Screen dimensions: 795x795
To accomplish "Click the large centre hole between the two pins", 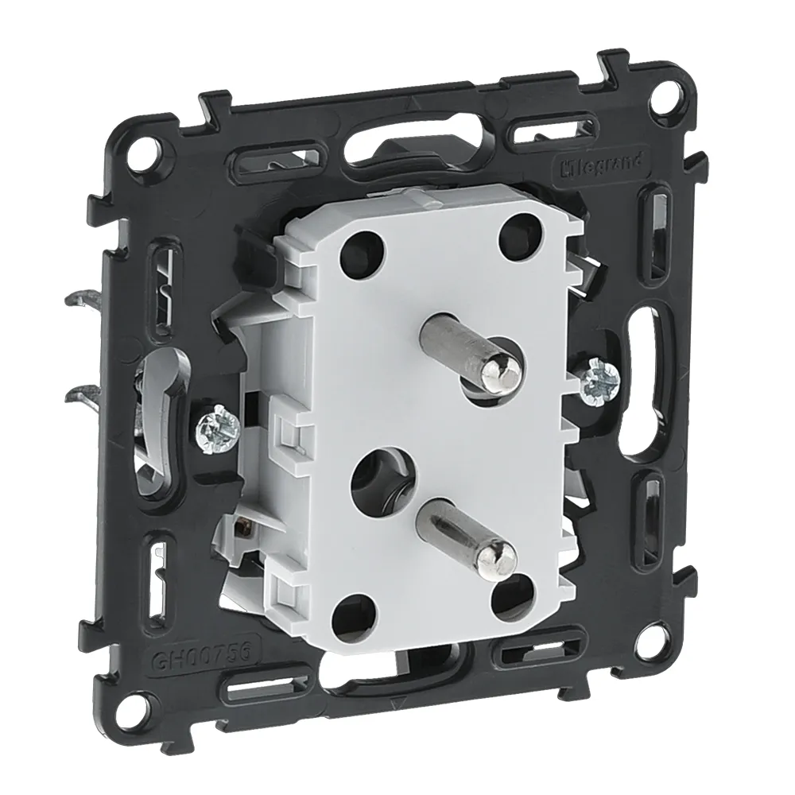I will [x=373, y=476].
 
